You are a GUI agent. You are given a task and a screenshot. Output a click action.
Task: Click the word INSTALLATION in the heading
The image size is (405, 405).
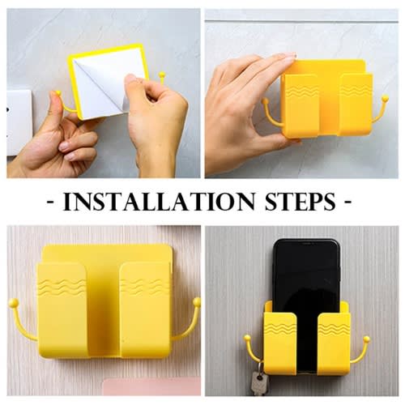click(x=159, y=202)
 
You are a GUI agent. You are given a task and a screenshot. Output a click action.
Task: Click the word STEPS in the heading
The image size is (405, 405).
click(x=301, y=202)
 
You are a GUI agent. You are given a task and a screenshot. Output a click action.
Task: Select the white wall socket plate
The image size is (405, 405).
click(x=19, y=123)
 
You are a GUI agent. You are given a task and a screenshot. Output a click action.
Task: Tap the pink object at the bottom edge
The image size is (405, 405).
click(x=151, y=386)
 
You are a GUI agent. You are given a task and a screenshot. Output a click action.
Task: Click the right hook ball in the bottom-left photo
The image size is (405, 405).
click(x=197, y=301)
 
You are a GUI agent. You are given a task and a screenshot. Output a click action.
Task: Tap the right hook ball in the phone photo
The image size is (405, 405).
click(x=366, y=339)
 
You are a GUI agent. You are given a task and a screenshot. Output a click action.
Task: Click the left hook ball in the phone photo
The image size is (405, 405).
click(x=247, y=338)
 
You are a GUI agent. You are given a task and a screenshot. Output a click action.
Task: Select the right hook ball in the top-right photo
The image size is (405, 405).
click(x=385, y=100)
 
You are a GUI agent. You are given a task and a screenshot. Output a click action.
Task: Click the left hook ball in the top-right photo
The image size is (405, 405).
click(x=266, y=101)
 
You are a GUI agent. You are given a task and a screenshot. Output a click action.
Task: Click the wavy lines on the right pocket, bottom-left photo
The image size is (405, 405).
click(x=145, y=287)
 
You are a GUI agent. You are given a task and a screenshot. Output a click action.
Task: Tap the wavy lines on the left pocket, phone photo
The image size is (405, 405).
click(x=280, y=327)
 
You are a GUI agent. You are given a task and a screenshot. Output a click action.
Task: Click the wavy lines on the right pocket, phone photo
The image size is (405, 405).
click(x=334, y=327)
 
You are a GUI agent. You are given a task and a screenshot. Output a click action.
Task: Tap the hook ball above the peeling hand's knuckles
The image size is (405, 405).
click(x=162, y=75)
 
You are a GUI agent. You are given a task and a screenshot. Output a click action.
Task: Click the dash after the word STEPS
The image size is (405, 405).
click(x=348, y=202)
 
